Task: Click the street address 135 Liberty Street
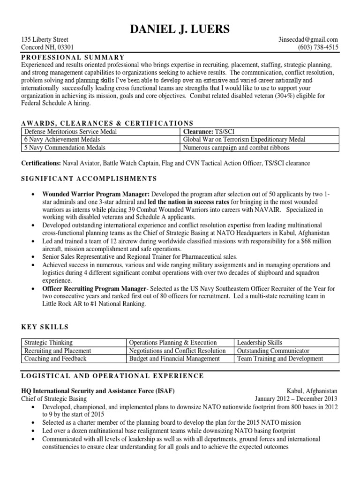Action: (45, 40)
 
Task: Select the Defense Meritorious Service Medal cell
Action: (70, 132)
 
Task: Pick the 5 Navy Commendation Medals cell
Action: (65, 148)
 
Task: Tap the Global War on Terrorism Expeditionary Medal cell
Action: (244, 140)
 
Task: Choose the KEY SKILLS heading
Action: (45, 327)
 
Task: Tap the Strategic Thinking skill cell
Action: (48, 343)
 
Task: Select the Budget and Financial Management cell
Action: (174, 359)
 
